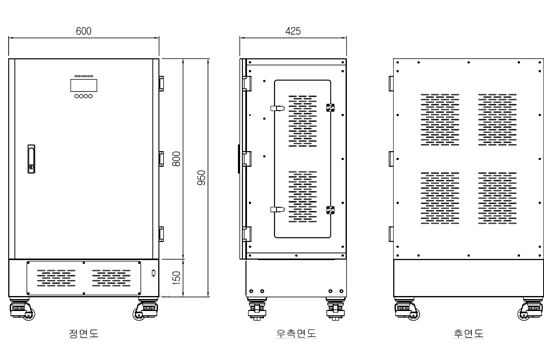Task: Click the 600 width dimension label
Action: point(83,31)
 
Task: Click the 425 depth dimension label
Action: point(293,31)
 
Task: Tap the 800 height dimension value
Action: point(176,159)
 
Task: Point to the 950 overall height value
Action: point(201,178)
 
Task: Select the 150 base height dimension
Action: point(176,278)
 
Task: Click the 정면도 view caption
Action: point(83,333)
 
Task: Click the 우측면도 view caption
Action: point(296,333)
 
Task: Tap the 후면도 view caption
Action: point(468,333)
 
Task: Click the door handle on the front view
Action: point(31,159)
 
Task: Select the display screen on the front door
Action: point(84,85)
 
